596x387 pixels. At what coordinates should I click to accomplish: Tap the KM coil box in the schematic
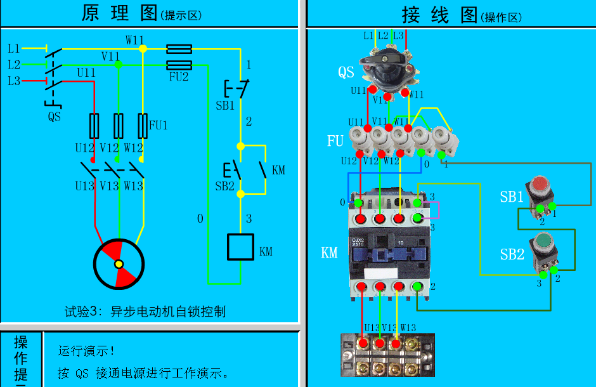pos(240,247)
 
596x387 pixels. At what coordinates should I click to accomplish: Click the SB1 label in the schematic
pos(225,106)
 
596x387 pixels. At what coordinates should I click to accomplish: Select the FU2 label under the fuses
pos(178,77)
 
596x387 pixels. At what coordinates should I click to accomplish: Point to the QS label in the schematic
pos(55,117)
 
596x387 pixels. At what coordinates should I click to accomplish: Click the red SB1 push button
pos(540,185)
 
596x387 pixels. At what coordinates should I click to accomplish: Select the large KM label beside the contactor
pos(329,253)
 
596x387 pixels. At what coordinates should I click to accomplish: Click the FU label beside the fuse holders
pos(335,141)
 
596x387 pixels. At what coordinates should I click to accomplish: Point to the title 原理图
pos(120,13)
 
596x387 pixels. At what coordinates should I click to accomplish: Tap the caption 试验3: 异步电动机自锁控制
pos(145,312)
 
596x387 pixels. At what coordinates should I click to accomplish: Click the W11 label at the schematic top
pos(134,40)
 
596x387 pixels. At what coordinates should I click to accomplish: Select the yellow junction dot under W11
pos(143,48)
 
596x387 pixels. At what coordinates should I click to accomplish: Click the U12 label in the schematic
pos(84,148)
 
